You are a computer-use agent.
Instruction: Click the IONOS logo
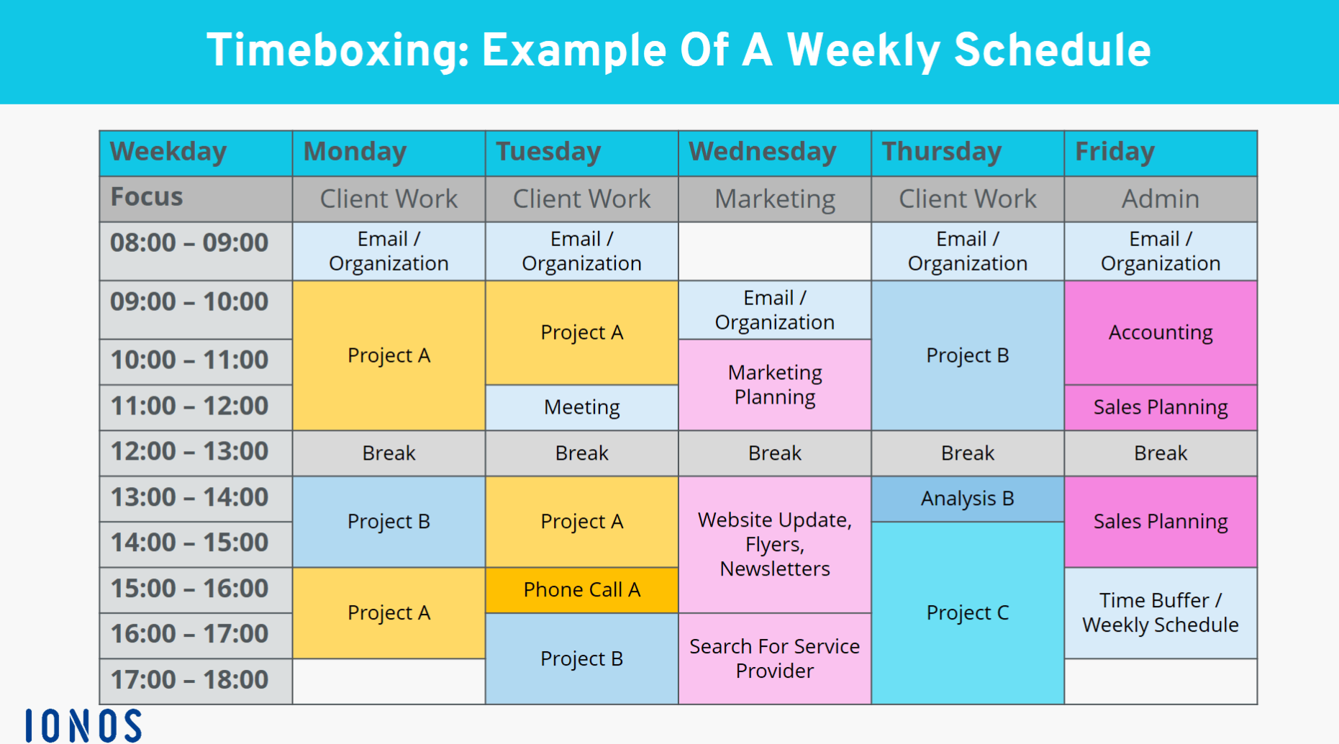click(83, 725)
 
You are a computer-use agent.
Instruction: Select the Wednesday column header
click(775, 153)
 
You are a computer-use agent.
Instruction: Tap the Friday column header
click(1161, 153)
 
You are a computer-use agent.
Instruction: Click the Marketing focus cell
click(775, 199)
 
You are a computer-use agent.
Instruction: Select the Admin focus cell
click(1161, 199)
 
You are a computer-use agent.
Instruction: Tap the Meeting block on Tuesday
click(582, 407)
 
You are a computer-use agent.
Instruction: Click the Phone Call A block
click(582, 590)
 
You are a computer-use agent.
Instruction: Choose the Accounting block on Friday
click(1161, 332)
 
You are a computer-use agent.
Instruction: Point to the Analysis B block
click(968, 499)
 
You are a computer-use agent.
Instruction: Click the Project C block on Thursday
click(968, 613)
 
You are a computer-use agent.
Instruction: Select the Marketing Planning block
click(775, 385)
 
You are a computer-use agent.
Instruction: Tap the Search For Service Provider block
click(775, 658)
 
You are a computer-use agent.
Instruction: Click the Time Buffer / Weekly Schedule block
click(1161, 613)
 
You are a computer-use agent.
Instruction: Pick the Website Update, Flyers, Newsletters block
click(775, 545)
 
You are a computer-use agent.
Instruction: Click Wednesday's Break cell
click(775, 453)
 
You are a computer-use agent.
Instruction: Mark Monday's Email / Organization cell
click(389, 251)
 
